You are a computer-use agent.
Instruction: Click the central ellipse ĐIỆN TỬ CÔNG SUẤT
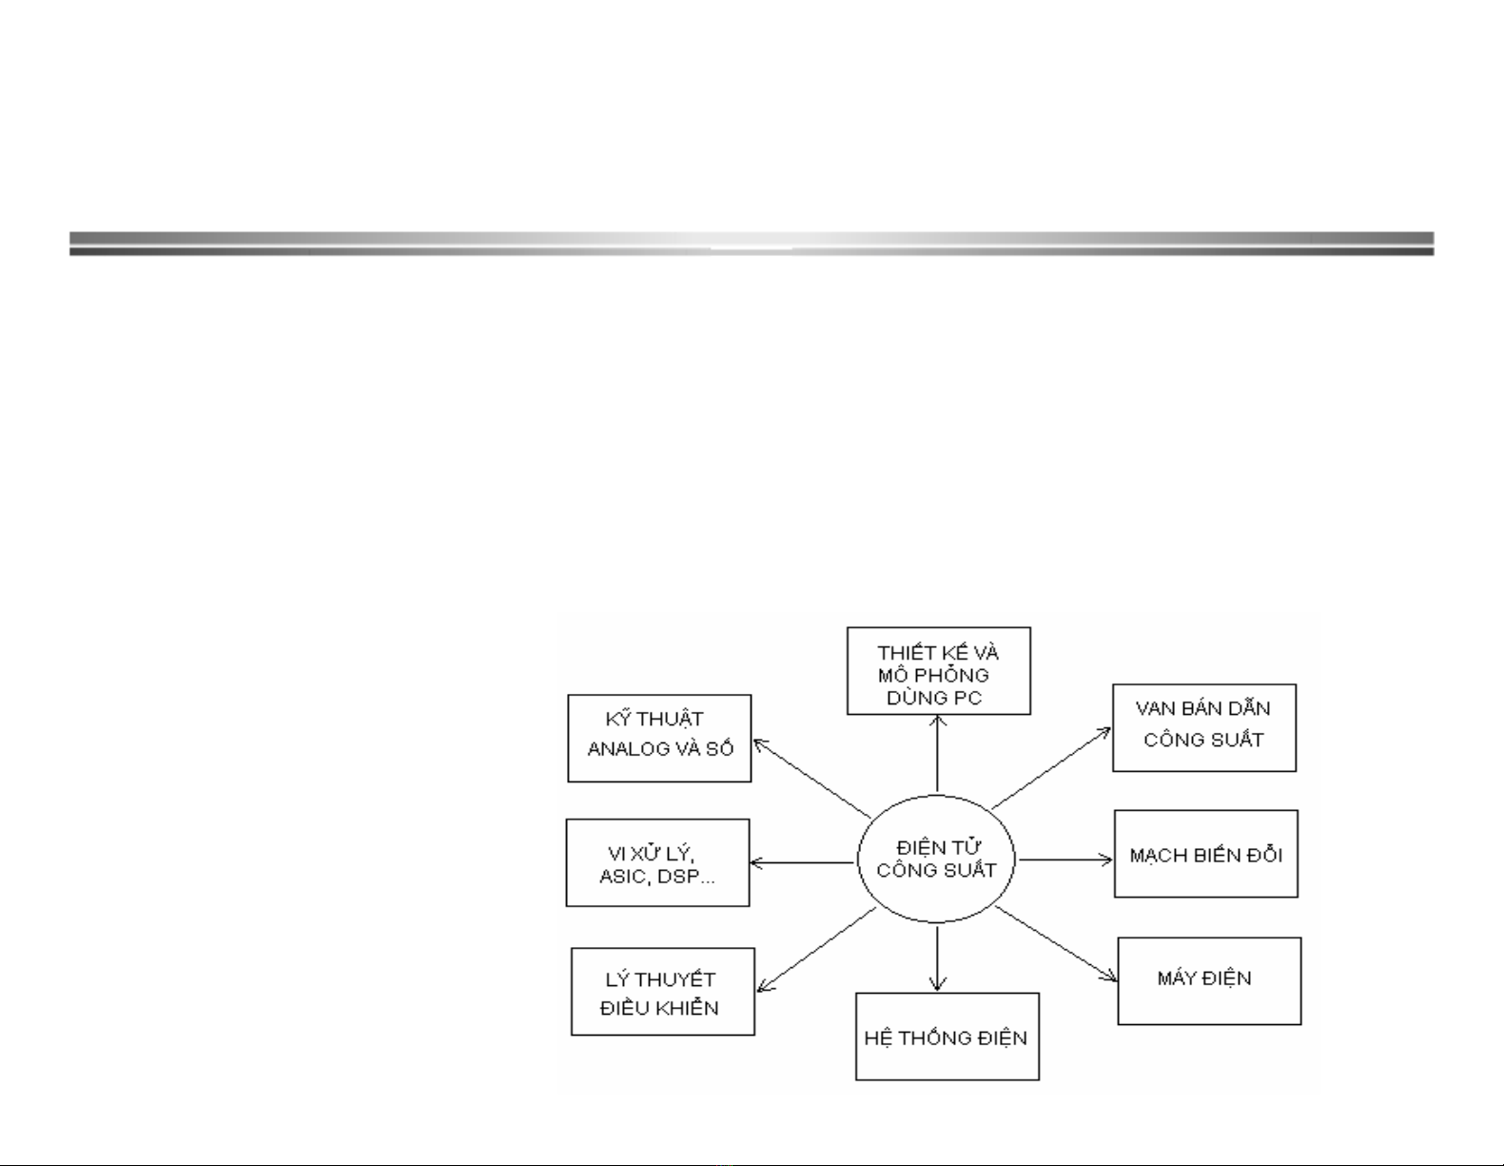coord(937,859)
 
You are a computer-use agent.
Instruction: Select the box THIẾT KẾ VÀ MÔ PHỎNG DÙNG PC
coord(939,671)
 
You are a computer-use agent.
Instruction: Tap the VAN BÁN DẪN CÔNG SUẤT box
coord(1204,727)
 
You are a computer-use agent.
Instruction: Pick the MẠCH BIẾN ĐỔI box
coord(1206,854)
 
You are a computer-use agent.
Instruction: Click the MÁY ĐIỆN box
coord(1209,980)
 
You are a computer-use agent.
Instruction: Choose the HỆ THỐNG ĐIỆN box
coord(947,1037)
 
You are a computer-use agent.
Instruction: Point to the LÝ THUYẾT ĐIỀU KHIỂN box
coord(663,992)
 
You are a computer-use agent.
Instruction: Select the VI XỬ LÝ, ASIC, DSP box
coord(657,863)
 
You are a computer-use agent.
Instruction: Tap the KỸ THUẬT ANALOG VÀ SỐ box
coord(659,739)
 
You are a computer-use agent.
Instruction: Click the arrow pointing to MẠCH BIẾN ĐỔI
coord(1065,860)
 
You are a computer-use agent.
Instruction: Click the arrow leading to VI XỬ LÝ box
coord(802,863)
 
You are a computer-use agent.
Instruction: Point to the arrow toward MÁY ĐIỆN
coord(1056,943)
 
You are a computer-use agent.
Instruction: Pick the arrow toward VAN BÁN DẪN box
coord(1051,767)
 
